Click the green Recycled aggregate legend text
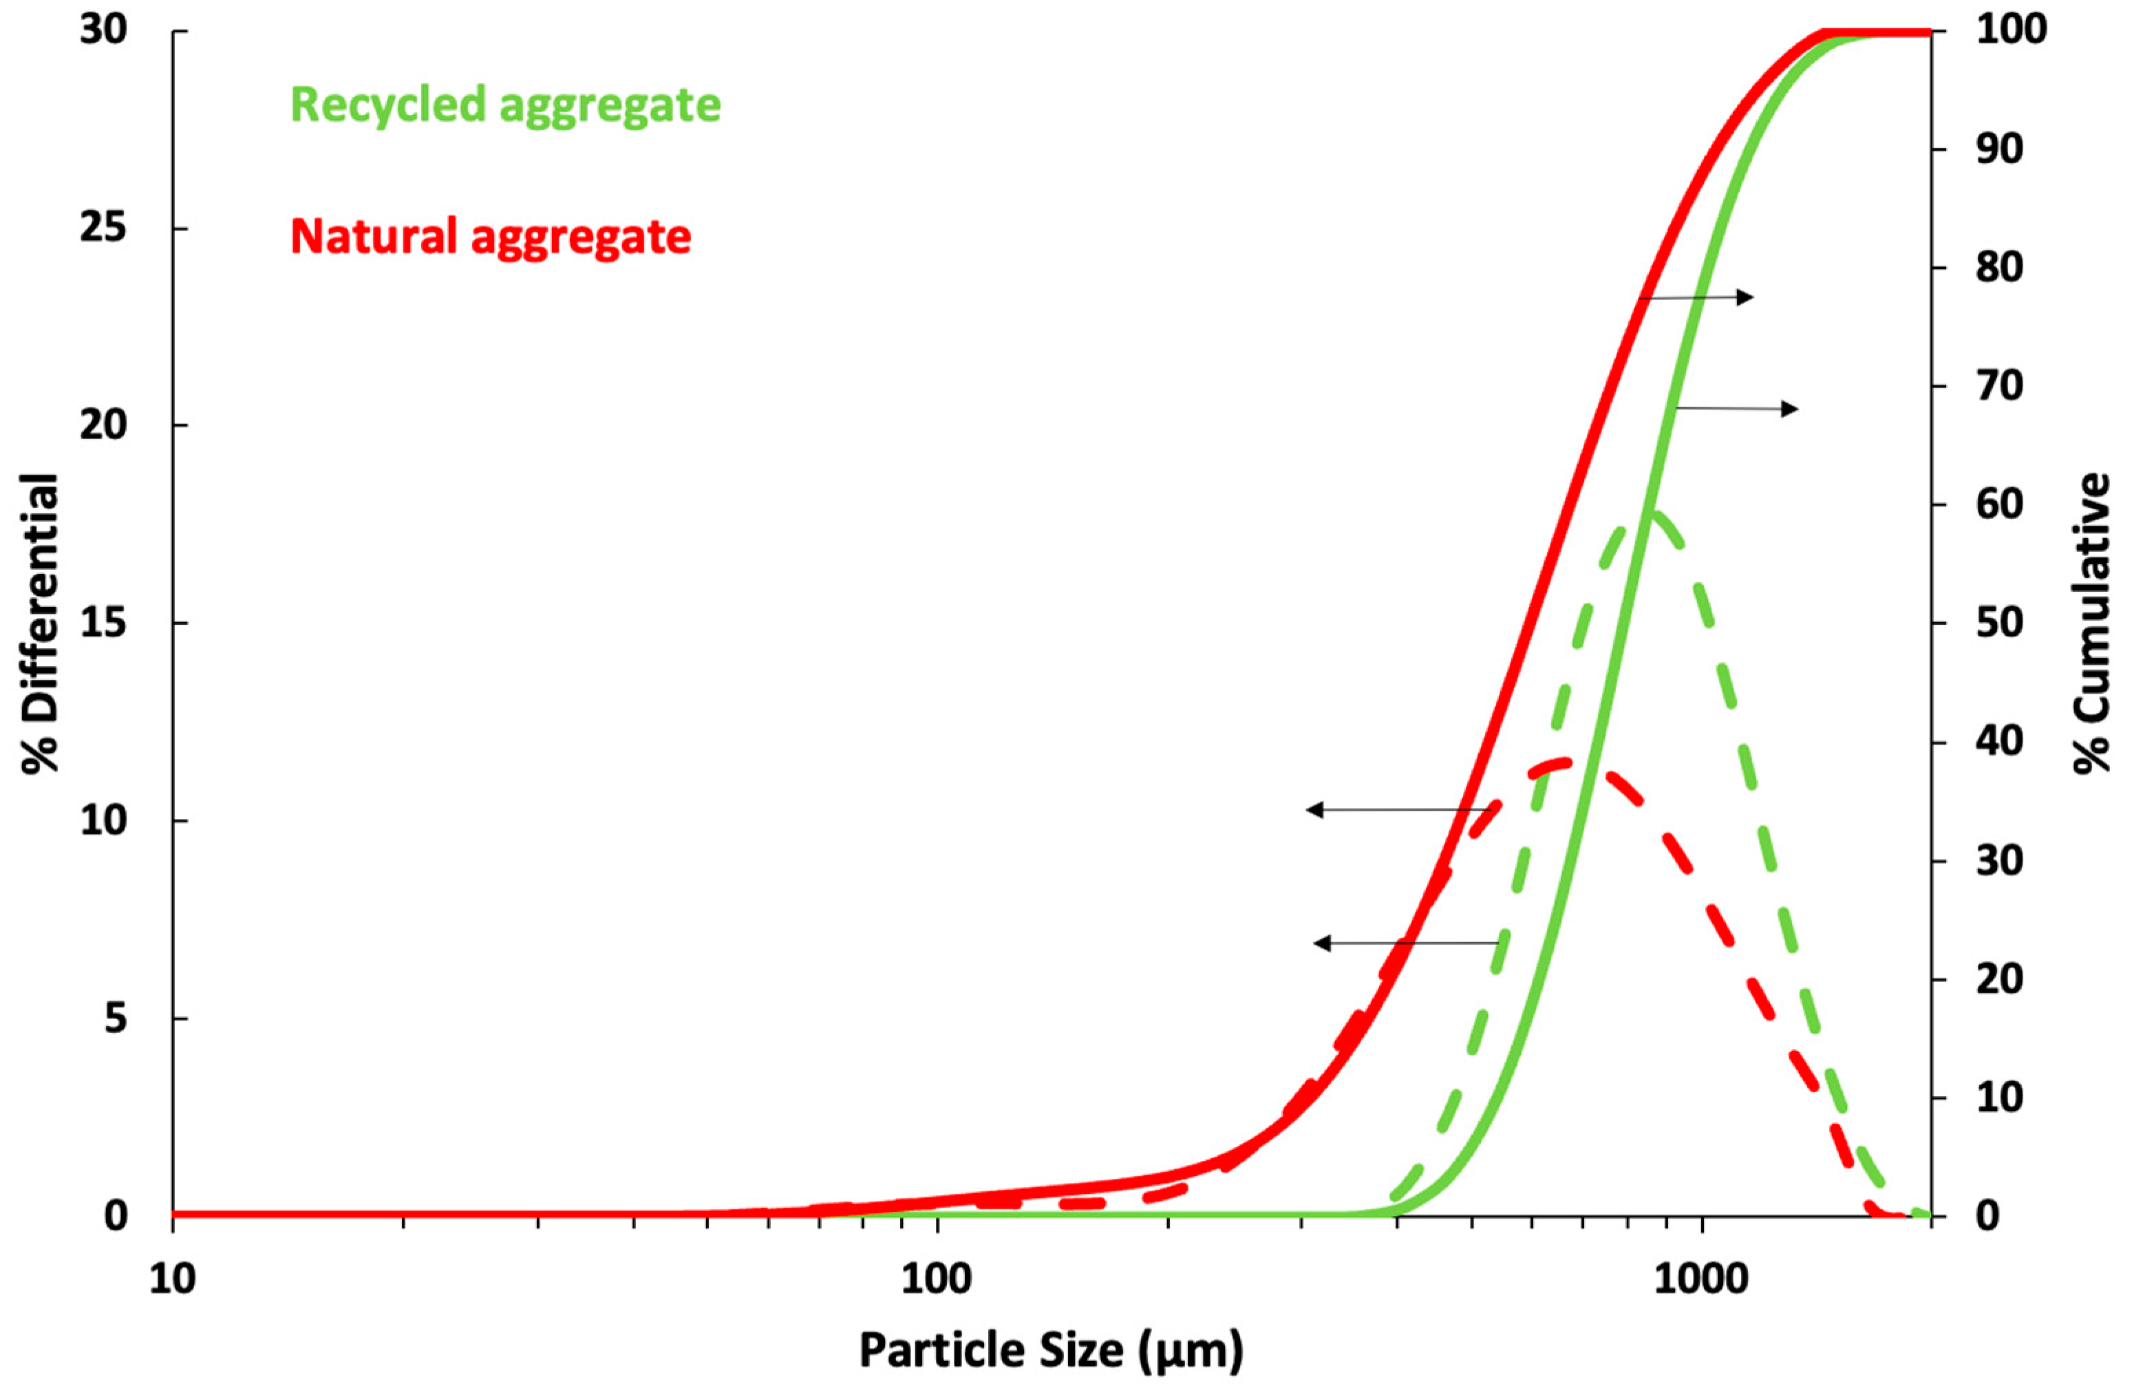505,105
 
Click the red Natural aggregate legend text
491,237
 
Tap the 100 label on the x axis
936,1279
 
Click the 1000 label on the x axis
1701,1279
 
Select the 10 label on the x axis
172,1279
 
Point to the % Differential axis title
41,623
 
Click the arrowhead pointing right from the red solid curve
1746,297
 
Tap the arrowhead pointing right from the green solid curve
1790,409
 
